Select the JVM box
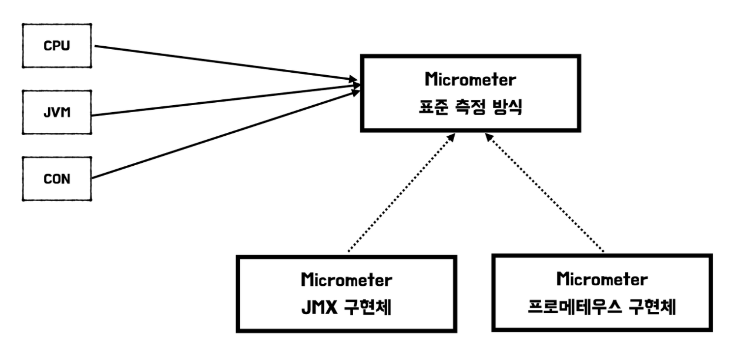coord(57,112)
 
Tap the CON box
coord(57,179)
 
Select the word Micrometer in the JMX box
coord(346,280)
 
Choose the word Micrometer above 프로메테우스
coord(602,279)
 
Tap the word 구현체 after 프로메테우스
coord(654,308)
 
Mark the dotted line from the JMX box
coord(399,194)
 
